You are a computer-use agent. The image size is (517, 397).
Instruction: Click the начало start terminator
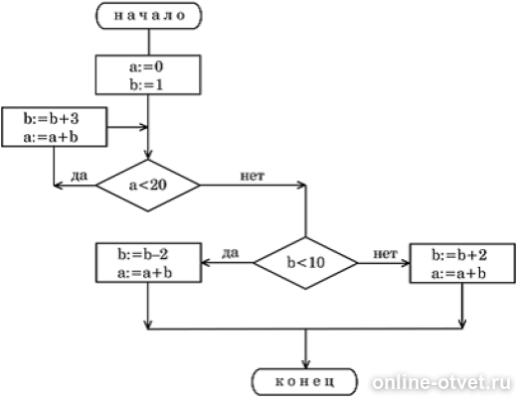149,16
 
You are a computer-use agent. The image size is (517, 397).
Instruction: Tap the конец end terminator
305,381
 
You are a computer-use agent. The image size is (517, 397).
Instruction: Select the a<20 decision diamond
148,186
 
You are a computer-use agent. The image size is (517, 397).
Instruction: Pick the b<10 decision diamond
305,263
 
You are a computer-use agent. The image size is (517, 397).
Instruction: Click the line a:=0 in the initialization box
146,67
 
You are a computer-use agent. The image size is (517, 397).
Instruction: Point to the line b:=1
146,85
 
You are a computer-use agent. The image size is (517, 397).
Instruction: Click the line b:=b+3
51,119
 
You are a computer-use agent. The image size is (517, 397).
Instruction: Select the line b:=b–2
143,254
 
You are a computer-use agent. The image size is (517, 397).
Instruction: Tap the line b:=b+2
459,255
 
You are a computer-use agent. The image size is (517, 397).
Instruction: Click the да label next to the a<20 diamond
79,176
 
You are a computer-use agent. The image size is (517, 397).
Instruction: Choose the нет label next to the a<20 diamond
253,176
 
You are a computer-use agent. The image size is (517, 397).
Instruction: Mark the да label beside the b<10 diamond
230,253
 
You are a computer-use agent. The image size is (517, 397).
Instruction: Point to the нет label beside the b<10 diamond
386,254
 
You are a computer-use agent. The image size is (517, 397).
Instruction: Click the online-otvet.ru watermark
441,383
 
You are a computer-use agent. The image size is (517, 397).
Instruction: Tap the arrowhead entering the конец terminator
305,364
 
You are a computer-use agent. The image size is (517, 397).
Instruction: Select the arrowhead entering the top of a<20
148,155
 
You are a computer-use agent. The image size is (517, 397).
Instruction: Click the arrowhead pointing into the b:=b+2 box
406,263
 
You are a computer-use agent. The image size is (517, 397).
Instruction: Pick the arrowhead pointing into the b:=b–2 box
206,263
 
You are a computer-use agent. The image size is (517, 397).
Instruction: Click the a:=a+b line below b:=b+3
51,137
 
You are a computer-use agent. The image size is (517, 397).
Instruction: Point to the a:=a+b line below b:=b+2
458,274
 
